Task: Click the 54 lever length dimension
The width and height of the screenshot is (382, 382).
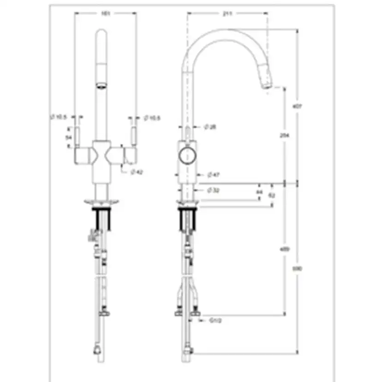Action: (69, 137)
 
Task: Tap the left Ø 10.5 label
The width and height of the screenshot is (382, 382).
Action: (59, 118)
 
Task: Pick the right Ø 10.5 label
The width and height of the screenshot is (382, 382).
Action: (152, 118)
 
